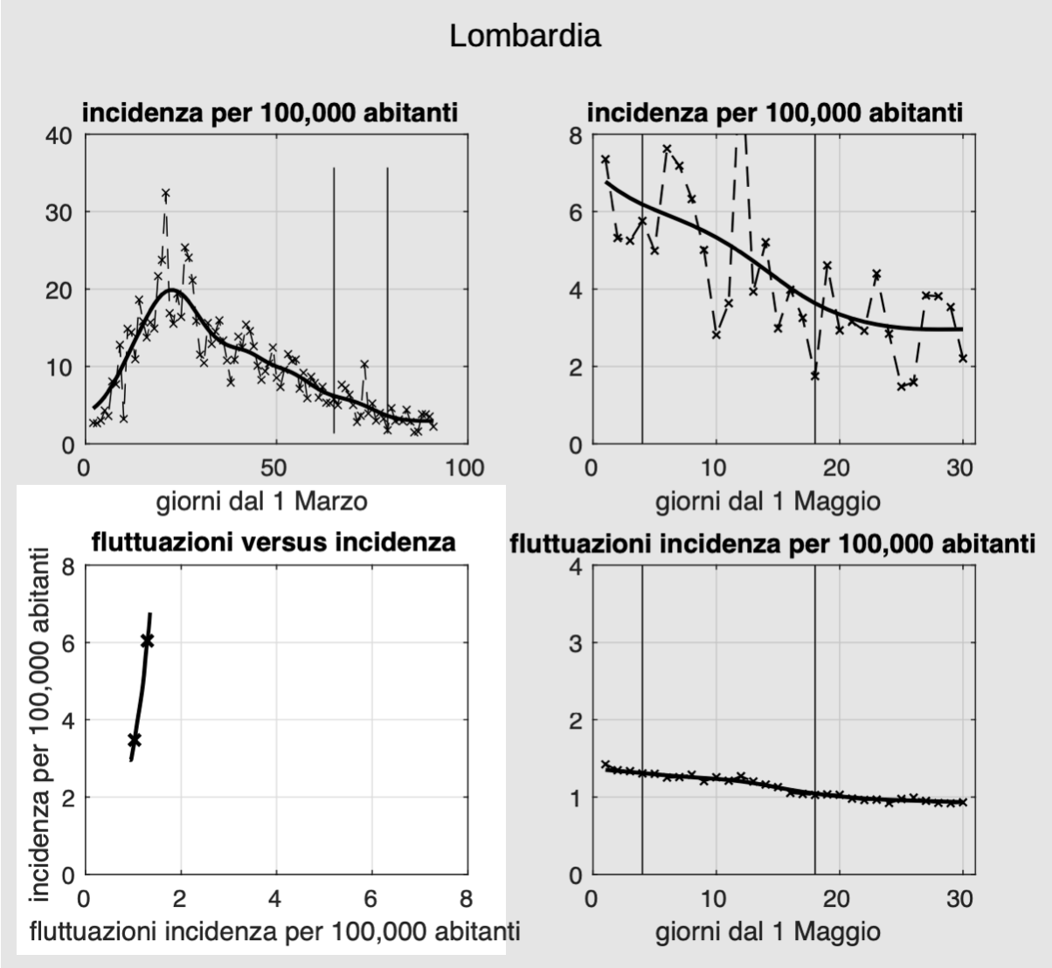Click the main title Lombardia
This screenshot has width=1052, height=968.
(525, 37)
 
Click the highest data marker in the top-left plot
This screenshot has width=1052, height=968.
(165, 193)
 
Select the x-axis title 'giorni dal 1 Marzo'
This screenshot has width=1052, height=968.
(261, 501)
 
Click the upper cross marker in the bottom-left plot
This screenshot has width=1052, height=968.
(147, 641)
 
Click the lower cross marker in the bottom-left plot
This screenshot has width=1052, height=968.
(135, 740)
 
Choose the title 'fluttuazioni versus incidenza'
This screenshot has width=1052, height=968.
(273, 543)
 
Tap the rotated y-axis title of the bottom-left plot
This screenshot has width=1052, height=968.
(38, 721)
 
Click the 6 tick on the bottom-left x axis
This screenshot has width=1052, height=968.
(371, 899)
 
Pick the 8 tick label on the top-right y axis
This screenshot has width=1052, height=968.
(574, 135)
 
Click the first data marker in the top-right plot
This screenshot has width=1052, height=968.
(605, 159)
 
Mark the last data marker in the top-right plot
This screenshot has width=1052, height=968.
(962, 357)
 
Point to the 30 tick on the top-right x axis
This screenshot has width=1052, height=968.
(960, 468)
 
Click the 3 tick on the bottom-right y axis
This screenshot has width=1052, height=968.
(574, 643)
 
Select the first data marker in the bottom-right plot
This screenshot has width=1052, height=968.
(605, 764)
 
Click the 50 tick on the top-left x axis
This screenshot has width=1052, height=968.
(274, 468)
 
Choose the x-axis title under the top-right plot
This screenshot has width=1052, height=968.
(767, 501)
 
